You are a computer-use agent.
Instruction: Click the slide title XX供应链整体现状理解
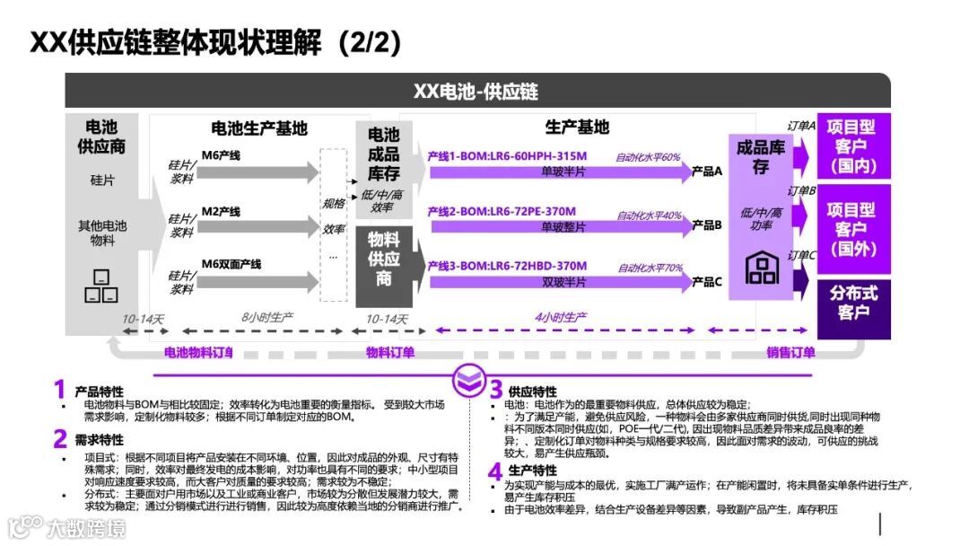pos(215,42)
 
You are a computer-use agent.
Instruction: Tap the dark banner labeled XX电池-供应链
pos(476,92)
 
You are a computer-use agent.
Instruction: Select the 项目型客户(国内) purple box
pos(851,145)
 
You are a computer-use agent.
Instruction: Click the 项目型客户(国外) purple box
pos(851,229)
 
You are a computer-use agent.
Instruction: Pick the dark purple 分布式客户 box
pos(853,303)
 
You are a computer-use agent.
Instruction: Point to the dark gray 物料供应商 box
pos(383,260)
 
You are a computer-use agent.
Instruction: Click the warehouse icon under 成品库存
pos(760,267)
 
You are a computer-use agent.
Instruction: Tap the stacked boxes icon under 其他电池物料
pos(101,286)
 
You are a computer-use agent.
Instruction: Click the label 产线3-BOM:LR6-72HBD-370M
pos(507,266)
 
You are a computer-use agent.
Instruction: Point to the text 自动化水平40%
pos(649,216)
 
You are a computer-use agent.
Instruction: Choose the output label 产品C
pos(707,281)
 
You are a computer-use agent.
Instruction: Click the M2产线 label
pos(220,211)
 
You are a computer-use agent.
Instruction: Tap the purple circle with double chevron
pos(469,381)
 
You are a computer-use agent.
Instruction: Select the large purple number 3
pos(495,390)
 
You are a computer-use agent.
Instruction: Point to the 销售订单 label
pos(790,353)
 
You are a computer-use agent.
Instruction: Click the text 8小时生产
pos(267,318)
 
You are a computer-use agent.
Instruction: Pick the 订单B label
pos(801,190)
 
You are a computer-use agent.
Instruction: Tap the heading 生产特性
pos(533,471)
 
